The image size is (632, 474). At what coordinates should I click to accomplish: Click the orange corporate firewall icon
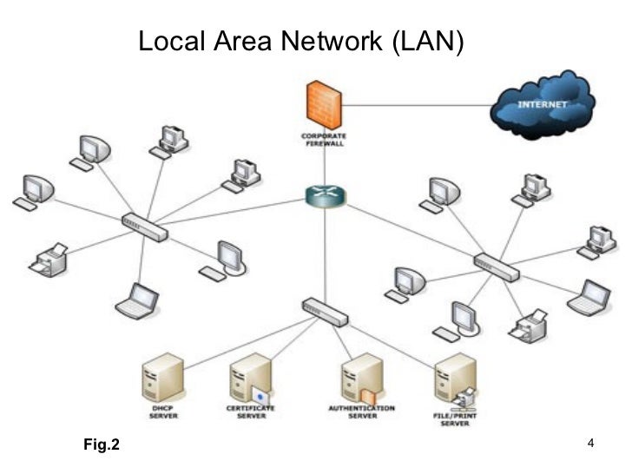click(324, 104)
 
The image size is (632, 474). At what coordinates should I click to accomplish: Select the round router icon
click(324, 195)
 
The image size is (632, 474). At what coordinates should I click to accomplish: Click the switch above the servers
click(325, 311)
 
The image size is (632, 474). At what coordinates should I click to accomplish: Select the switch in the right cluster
click(497, 267)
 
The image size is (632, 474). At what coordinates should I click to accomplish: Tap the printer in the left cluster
click(49, 260)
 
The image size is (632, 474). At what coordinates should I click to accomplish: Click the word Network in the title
click(332, 41)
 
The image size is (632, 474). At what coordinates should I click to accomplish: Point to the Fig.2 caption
click(102, 445)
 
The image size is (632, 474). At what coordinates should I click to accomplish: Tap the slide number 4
click(590, 444)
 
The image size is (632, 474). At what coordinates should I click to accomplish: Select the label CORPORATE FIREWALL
click(324, 140)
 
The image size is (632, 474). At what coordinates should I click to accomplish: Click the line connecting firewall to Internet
click(417, 105)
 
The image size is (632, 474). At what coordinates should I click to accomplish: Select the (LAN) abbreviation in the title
click(428, 41)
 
